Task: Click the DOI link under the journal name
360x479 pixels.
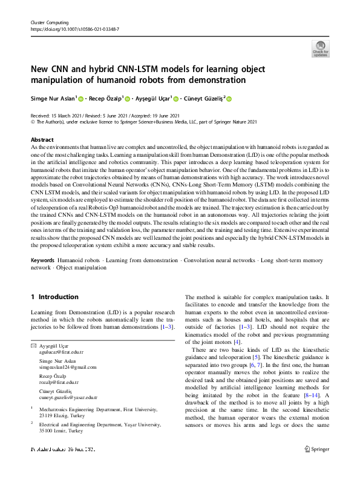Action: point(71,28)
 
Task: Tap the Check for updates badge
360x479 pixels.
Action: point(321,48)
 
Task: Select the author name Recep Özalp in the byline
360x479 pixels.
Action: point(104,99)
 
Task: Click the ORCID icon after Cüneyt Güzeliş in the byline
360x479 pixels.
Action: point(229,99)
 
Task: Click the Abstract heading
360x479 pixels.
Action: point(42,139)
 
